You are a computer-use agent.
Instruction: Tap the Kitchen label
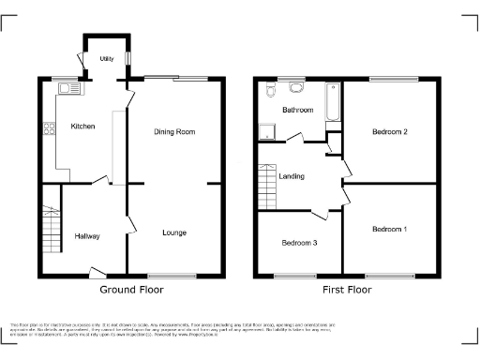(82, 126)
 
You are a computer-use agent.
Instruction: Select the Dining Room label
(174, 132)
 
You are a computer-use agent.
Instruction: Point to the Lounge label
(173, 232)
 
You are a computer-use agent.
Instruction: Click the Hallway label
(87, 236)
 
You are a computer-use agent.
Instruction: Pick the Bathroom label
(298, 110)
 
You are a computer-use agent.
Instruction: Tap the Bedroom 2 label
(389, 132)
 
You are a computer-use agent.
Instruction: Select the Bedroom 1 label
(389, 230)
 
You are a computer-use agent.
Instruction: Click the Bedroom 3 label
(299, 243)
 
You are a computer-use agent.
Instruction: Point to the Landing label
(292, 176)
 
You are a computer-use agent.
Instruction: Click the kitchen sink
(67, 88)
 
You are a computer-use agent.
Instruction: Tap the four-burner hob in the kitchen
(46, 132)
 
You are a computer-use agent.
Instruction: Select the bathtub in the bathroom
(330, 104)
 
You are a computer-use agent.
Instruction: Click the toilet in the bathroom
(268, 91)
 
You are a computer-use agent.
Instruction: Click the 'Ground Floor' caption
(130, 290)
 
